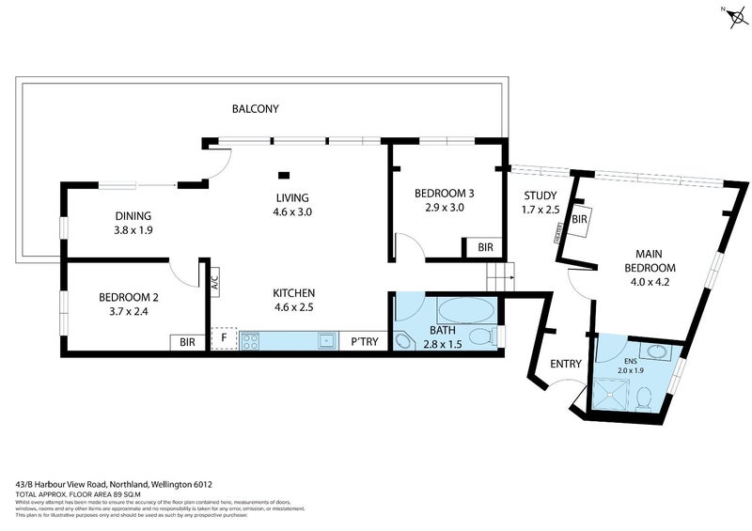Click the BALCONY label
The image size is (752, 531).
[x=255, y=109]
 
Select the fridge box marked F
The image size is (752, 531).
[x=224, y=339]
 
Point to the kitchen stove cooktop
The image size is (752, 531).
[x=249, y=340]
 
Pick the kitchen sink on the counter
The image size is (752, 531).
[x=325, y=340]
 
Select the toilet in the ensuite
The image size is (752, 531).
[x=644, y=399]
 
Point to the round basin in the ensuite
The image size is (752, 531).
[x=661, y=355]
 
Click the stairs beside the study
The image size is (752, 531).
[x=497, y=278]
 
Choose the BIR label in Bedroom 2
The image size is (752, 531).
[x=188, y=342]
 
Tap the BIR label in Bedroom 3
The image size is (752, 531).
[x=485, y=247]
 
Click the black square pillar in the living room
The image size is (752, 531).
[x=283, y=174]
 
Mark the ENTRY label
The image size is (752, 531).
[x=566, y=364]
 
